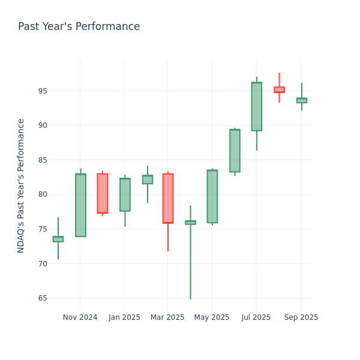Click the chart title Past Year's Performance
79,27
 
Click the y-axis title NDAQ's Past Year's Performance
21,185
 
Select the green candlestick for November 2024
80,205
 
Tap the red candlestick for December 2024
103,193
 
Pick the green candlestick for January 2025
125,194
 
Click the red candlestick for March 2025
168,198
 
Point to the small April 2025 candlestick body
190,223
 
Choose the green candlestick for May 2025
212,196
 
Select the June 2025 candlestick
235,151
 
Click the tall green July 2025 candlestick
256,106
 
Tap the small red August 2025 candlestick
279,89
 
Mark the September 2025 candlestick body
301,100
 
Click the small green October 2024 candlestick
58,239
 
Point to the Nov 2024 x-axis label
80,317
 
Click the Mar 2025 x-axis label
167,317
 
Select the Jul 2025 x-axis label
256,317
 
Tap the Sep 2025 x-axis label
301,317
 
